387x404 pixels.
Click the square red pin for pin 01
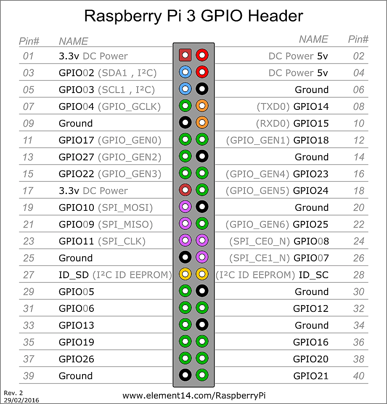tap(185, 55)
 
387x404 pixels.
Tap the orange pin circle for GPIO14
tap(202, 106)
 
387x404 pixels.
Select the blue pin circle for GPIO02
tap(185, 72)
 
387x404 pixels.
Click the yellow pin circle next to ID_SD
tap(185, 274)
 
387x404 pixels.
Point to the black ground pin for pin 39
tap(185, 375)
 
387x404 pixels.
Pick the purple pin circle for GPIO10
tap(185, 207)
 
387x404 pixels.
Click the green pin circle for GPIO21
tap(202, 375)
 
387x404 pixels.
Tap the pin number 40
tap(359, 376)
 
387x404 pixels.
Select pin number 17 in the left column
tap(28, 191)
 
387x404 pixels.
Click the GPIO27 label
tap(76, 157)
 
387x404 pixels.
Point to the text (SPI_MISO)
tap(125, 225)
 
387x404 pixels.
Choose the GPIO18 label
tap(311, 141)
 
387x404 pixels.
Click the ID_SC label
tap(313, 275)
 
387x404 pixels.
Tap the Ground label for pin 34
tap(312, 325)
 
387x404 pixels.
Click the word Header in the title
tap(275, 16)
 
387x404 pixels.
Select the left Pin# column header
tap(29, 41)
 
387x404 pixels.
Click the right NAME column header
tap(313, 40)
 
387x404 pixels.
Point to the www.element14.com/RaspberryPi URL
tap(194, 396)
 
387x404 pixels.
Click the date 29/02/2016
tap(21, 400)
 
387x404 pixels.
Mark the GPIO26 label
tap(76, 359)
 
